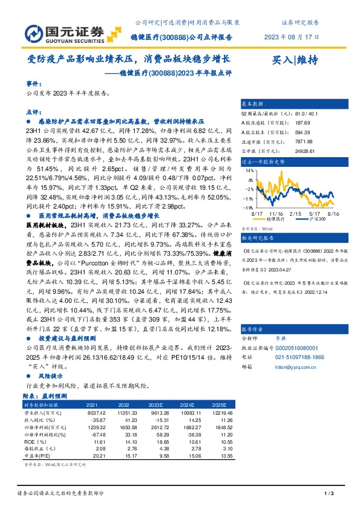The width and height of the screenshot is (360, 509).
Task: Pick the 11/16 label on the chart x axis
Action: coord(277,213)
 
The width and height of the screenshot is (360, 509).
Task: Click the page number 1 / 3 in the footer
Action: coord(330,494)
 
